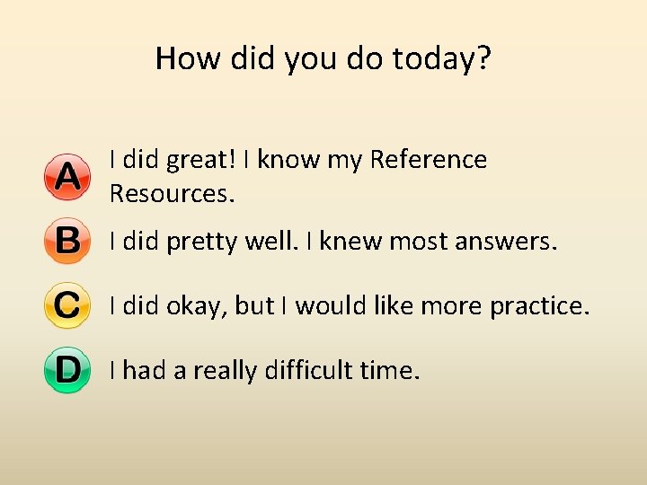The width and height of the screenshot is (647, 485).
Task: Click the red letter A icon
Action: click(67, 177)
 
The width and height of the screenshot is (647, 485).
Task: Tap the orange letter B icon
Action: click(67, 242)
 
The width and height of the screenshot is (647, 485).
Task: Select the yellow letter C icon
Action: click(67, 306)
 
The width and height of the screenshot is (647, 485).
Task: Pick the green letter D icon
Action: click(67, 370)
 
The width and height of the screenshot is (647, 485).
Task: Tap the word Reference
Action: click(428, 160)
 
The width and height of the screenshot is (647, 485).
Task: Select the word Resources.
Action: click(172, 193)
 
